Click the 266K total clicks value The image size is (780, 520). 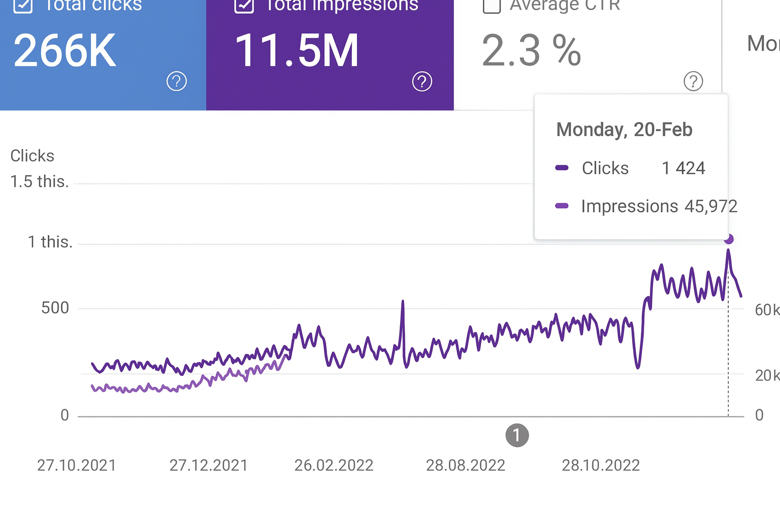[x=65, y=51]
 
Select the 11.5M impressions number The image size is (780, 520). [x=297, y=51]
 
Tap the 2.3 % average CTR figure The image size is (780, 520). [x=531, y=51]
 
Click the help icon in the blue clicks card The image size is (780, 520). [x=177, y=81]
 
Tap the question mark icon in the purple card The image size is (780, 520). [x=422, y=81]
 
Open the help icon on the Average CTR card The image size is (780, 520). [x=693, y=81]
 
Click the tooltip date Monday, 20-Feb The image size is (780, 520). [x=624, y=130]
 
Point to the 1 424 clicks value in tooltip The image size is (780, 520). [x=684, y=168]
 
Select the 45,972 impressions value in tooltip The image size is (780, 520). [x=710, y=206]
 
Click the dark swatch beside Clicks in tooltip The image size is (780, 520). [x=562, y=168]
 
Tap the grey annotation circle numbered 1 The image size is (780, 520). [x=517, y=436]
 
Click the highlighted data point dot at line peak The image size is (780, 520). [x=729, y=239]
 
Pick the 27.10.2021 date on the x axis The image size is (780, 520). [x=77, y=465]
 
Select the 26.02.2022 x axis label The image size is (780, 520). [x=334, y=465]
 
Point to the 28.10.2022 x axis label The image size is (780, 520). [x=601, y=465]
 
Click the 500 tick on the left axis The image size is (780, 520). [x=55, y=308]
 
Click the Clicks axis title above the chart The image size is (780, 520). [x=32, y=156]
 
